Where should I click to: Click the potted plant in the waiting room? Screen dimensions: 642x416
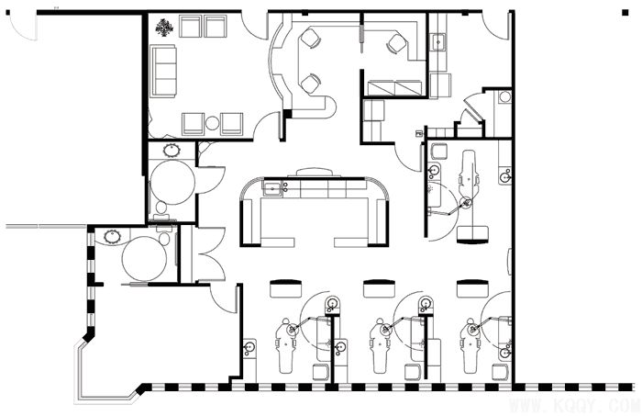[x=164, y=28]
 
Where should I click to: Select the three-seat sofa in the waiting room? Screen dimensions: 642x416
[x=163, y=71]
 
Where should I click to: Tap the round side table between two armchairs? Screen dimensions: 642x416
[x=212, y=123]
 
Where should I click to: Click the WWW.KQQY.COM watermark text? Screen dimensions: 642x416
[x=574, y=406]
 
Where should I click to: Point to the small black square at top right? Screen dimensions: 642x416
[x=625, y=13]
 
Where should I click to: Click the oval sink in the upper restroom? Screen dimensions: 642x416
[x=172, y=151]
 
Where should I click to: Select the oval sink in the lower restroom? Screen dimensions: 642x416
[x=112, y=237]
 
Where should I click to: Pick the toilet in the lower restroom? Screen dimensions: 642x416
[x=164, y=235]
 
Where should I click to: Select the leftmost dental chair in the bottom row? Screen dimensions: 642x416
[x=285, y=345]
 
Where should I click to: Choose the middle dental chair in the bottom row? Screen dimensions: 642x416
[x=379, y=345]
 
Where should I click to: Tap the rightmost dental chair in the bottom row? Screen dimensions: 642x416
[x=470, y=345]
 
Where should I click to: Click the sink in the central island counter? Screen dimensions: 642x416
[x=272, y=188]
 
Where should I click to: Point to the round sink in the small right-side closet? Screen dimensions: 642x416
[x=505, y=97]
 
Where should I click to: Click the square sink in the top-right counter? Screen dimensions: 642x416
[x=438, y=42]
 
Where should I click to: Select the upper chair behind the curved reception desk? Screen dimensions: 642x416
[x=310, y=39]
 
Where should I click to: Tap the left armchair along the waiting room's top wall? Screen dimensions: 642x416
[x=191, y=27]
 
